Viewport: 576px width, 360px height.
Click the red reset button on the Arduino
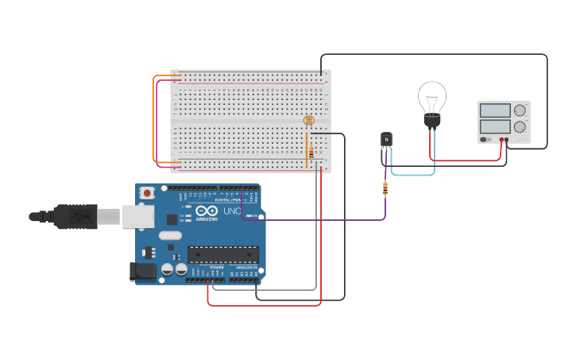pyautogui.click(x=147, y=192)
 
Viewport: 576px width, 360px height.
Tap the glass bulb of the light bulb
pyautogui.click(x=432, y=98)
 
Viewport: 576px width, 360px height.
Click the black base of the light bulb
pyautogui.click(x=432, y=121)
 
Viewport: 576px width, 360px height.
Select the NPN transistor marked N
pyautogui.click(x=386, y=140)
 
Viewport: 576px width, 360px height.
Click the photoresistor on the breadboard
pyautogui.click(x=309, y=121)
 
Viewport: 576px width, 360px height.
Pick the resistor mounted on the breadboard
pyautogui.click(x=311, y=153)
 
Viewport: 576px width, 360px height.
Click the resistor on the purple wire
pyautogui.click(x=385, y=188)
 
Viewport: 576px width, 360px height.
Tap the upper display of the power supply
pyautogui.click(x=495, y=110)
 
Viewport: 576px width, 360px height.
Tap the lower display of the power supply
pyautogui.click(x=495, y=126)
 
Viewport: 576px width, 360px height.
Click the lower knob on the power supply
pyautogui.click(x=520, y=126)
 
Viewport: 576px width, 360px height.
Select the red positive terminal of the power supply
pyautogui.click(x=502, y=140)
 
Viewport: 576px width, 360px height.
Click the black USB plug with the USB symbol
pyautogui.click(x=75, y=215)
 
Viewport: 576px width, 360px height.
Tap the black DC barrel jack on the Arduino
pyautogui.click(x=143, y=271)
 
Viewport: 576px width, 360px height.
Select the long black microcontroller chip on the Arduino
pyautogui.click(x=223, y=254)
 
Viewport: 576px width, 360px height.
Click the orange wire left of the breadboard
pyautogui.click(x=154, y=119)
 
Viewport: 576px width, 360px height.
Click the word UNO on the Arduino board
pyautogui.click(x=231, y=212)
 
